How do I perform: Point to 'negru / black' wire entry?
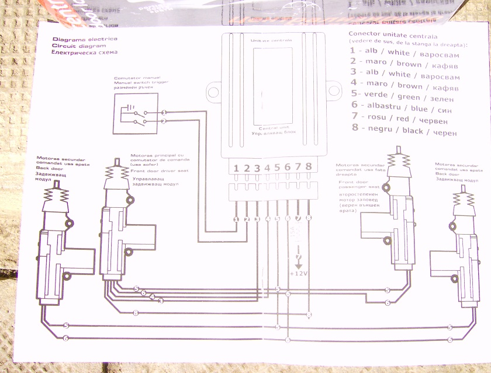[404, 131]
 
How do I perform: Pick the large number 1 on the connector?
[236, 169]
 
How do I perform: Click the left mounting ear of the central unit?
[213, 91]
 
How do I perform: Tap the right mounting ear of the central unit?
[334, 91]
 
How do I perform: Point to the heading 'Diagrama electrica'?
[77, 39]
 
